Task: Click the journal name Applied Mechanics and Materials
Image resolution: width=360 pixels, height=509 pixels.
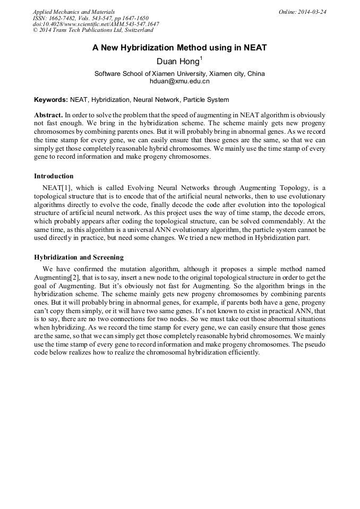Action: tap(73, 12)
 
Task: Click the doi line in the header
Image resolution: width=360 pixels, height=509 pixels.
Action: tap(96, 24)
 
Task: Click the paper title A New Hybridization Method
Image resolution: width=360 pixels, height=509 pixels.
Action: tap(179, 48)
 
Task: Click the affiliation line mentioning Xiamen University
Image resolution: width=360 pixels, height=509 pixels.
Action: tap(179, 74)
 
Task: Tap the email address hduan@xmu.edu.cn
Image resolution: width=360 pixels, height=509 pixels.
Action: tap(179, 81)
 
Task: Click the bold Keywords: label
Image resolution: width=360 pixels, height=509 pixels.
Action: tap(51, 99)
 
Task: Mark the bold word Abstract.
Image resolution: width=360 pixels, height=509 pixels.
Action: tap(48, 115)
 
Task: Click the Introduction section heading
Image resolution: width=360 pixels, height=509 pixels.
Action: tap(54, 176)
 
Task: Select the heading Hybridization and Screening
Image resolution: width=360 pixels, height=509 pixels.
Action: tap(79, 257)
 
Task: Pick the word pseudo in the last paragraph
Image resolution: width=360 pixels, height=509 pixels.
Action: tap(315, 344)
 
